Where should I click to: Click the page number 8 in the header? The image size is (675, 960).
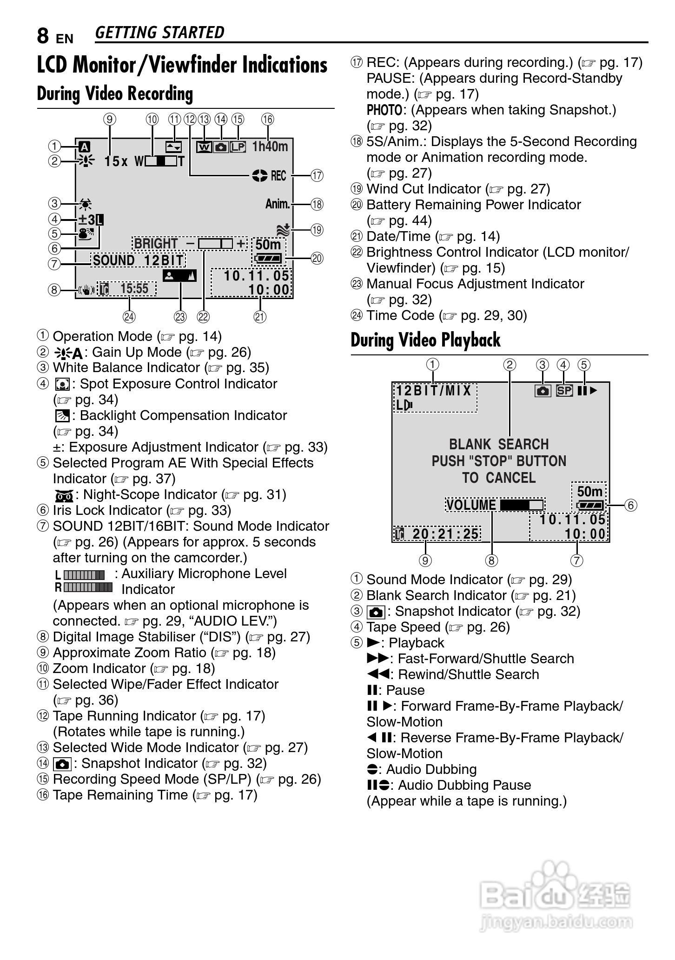(x=43, y=35)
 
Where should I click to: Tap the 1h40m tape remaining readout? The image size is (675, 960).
(x=270, y=147)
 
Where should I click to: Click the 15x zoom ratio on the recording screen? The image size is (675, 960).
(x=116, y=161)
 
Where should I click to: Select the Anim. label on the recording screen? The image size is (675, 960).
(x=278, y=204)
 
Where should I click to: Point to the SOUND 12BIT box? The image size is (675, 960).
(x=139, y=260)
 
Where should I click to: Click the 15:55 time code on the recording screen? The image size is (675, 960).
(x=134, y=289)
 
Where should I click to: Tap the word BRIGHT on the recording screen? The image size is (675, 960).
(x=156, y=244)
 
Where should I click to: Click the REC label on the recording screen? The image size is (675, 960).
(x=278, y=176)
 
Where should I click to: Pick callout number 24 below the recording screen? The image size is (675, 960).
(x=129, y=317)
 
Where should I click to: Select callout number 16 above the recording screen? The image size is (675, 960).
(x=267, y=119)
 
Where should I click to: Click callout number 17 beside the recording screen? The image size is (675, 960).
(x=317, y=176)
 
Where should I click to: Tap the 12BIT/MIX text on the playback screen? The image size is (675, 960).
(x=434, y=390)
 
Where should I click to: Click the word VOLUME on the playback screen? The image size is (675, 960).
(x=471, y=505)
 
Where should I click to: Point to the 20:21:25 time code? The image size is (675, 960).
(x=445, y=533)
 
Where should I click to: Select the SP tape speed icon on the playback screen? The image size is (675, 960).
(x=564, y=390)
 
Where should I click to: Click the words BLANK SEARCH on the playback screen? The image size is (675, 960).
(x=499, y=444)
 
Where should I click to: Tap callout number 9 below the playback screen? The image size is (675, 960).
(x=425, y=560)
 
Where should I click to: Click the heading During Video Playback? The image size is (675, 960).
(x=425, y=340)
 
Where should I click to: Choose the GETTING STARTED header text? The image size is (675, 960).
(x=159, y=33)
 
